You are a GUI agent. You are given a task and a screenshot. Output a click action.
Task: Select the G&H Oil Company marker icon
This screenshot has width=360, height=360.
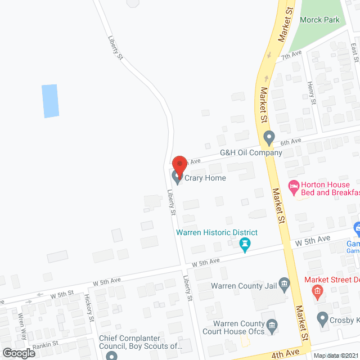[269, 137]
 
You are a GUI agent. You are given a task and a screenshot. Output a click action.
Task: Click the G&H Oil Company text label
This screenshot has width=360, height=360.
[250, 152]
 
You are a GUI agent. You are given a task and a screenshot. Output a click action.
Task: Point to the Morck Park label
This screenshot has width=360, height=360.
[319, 20]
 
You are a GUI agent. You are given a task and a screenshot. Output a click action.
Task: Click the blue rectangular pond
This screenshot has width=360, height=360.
[51, 101]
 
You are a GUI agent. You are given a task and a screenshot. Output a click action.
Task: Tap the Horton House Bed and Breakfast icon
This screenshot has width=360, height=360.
[293, 186]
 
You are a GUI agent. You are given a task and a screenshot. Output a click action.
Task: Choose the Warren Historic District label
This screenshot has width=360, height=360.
[217, 232]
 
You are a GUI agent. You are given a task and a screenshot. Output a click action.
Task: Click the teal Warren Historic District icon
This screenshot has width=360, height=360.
[245, 244]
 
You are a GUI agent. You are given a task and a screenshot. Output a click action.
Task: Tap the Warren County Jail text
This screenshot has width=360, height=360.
[244, 286]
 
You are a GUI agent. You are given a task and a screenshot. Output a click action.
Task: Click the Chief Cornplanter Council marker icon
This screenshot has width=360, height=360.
[111, 355]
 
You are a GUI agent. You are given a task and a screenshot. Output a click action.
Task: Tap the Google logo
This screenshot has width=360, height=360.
[19, 353]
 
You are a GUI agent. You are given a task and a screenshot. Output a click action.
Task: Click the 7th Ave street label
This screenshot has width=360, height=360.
[292, 55]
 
